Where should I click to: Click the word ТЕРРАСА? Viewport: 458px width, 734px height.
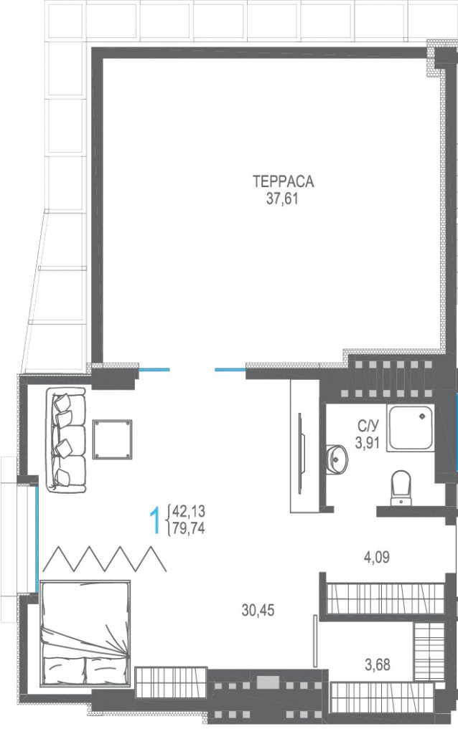pos(283,181)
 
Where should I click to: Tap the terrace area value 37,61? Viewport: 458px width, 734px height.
pos(282,199)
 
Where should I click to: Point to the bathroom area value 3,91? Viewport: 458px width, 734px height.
pos(367,442)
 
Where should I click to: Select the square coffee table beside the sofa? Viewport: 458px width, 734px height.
pos(113,439)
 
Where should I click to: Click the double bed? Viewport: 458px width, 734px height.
pos(85,633)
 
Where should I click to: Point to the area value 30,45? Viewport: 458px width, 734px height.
pos(258,610)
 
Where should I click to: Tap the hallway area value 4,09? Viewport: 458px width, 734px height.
pos(377,558)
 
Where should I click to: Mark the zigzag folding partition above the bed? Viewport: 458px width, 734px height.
pos(105,558)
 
